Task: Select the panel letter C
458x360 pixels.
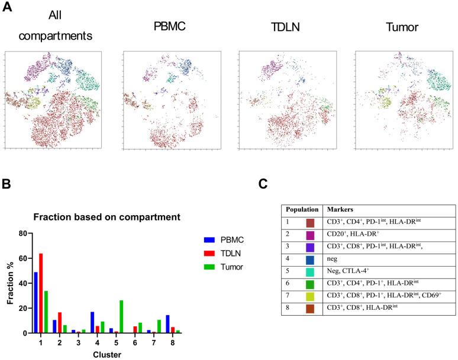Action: (x=265, y=184)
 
